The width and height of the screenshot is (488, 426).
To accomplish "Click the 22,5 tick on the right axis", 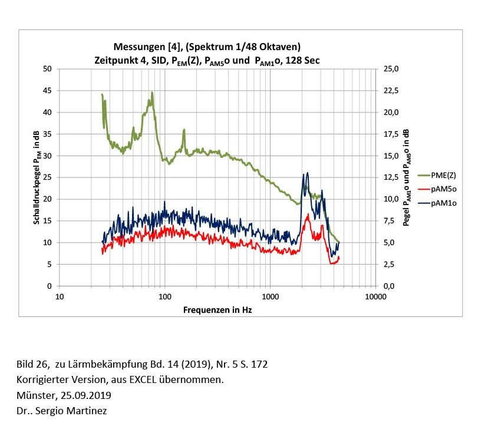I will tap(392, 91).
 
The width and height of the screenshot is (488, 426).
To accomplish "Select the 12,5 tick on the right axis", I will tap(392, 177).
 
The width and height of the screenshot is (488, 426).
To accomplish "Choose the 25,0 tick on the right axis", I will tap(392, 69).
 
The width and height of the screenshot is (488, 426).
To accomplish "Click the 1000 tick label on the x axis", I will tap(270, 296).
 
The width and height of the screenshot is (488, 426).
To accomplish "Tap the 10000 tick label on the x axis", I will tap(375, 296).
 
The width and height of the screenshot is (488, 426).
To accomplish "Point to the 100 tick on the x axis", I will tap(164, 296).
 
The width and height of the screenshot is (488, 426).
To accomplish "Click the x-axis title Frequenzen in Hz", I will tap(217, 309).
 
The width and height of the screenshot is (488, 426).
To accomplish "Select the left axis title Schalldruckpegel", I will tap(37, 177).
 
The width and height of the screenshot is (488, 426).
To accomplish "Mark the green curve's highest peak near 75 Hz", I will tap(152, 93).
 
